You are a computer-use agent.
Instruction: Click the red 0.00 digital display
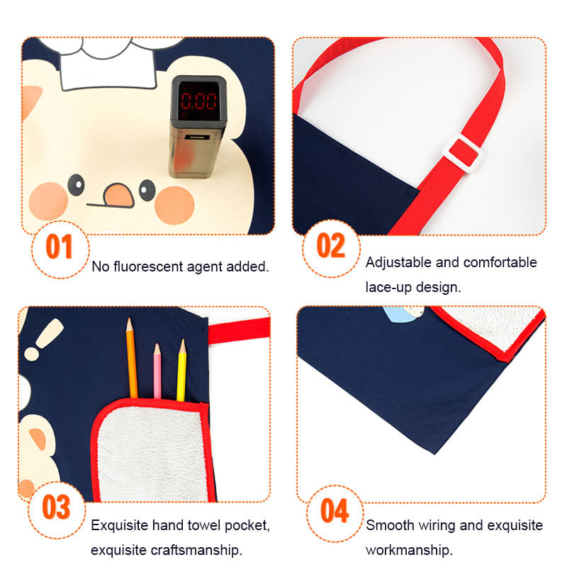pyautogui.click(x=198, y=101)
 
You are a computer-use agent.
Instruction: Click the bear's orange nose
pyautogui.click(x=118, y=195)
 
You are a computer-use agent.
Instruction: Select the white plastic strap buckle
pyautogui.click(x=464, y=153)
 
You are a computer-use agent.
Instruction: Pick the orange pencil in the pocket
pyautogui.click(x=131, y=358)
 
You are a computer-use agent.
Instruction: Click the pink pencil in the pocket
pyautogui.click(x=157, y=371)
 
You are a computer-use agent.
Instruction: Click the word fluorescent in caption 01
pyautogui.click(x=148, y=266)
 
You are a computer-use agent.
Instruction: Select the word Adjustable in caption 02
pyautogui.click(x=398, y=263)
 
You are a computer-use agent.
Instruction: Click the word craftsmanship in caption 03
pyautogui.click(x=196, y=551)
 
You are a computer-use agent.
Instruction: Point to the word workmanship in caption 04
pyautogui.click(x=409, y=551)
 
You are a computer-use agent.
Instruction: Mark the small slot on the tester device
pyautogui.click(x=197, y=137)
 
